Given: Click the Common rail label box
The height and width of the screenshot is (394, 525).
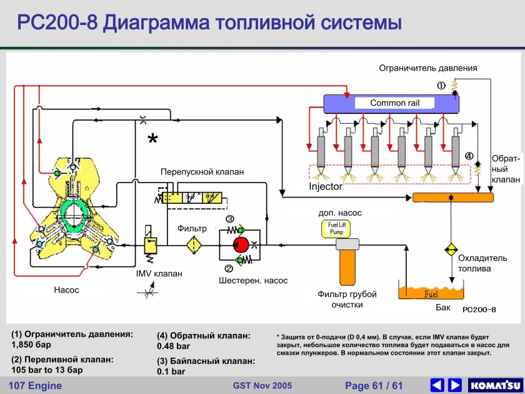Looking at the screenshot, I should coord(394,103).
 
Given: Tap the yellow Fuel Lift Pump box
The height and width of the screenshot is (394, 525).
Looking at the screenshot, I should coord(336,228).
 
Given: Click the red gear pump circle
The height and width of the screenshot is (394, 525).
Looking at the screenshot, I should coord(241,245).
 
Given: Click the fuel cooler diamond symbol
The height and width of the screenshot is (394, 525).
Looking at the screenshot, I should coord(451,250).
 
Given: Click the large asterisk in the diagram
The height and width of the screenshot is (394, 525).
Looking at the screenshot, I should coord(152,140).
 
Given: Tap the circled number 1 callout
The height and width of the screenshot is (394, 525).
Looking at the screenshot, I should coord(441,86).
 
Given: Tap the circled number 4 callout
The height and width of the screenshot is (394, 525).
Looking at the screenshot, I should coord(469,156).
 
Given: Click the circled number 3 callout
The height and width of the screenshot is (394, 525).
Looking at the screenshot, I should coord(229,219).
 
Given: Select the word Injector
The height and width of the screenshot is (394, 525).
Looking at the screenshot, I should coord(326,186).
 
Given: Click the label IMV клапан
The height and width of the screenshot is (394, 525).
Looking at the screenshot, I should coord(159,273).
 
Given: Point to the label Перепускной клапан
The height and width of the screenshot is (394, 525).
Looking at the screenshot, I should coord(202,171).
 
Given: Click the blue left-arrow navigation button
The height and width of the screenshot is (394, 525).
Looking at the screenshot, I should coord(437,385).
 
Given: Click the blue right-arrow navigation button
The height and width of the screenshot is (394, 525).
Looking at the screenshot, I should coord(455,385).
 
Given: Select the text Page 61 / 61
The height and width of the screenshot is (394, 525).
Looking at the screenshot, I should coord(374,385).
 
